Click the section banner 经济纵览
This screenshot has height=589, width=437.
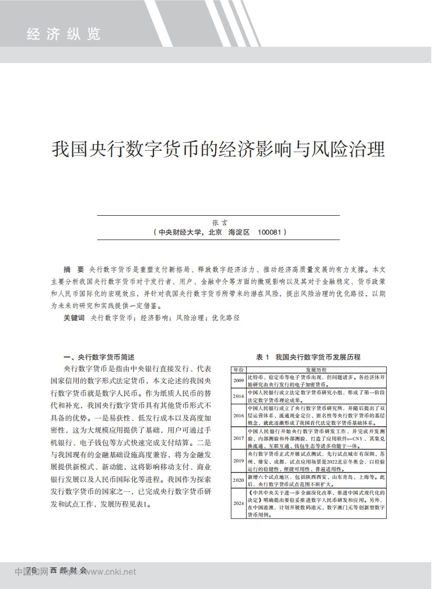[63, 35]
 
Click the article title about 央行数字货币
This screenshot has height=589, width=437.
[218, 149]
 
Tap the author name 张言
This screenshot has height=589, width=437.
[218, 223]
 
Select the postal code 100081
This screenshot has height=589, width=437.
[270, 232]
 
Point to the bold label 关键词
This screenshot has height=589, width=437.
[74, 318]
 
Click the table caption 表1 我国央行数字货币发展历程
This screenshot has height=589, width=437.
[308, 357]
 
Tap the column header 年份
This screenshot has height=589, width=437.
[239, 370]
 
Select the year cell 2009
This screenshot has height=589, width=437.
[239, 380]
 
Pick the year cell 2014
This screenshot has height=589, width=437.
[239, 396]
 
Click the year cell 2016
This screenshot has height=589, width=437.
[239, 415]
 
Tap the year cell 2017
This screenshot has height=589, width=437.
[239, 438]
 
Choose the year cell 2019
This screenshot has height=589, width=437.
[239, 461]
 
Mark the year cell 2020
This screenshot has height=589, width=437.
[239, 480]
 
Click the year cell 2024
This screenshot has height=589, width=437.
[239, 503]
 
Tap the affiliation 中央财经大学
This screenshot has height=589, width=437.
[181, 232]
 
